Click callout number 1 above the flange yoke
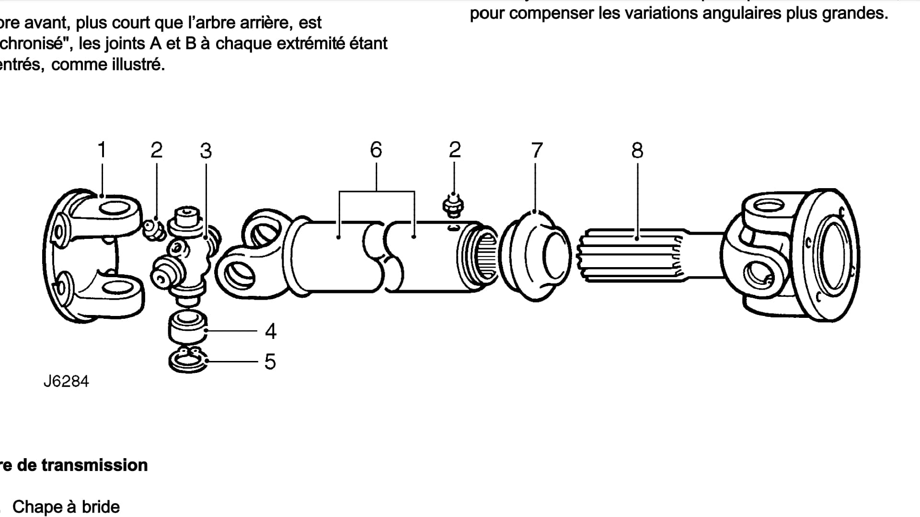[x=102, y=150]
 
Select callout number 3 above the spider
[x=206, y=151]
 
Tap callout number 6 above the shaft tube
[x=376, y=150]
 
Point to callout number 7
[x=537, y=150]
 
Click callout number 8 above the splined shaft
[x=637, y=150]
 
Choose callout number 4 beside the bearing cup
[x=271, y=331]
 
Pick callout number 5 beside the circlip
[x=270, y=362]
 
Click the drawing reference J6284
[x=66, y=382]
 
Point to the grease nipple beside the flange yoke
[x=155, y=228]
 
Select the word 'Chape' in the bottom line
[x=37, y=507]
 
